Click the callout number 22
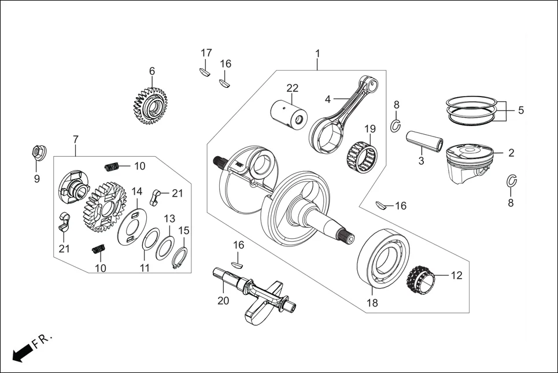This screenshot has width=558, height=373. [292, 88]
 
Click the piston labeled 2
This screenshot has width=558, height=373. [468, 162]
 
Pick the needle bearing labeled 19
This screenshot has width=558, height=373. [361, 154]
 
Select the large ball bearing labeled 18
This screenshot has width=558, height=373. [383, 257]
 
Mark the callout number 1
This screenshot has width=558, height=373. [317, 54]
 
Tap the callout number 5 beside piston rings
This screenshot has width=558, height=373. [520, 110]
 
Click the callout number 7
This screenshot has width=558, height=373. [75, 140]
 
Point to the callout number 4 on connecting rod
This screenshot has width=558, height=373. [328, 99]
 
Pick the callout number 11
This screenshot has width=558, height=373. [145, 268]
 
